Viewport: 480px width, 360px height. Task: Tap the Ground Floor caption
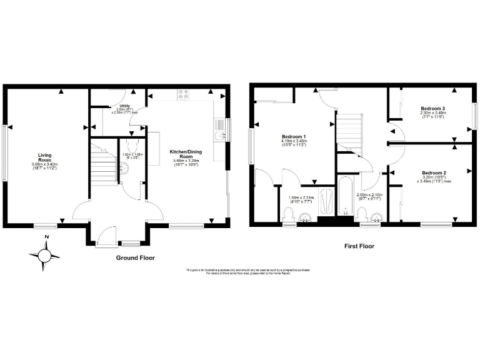136,257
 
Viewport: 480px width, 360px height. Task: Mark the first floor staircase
351,130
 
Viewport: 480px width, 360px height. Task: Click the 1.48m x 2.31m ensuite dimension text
299,200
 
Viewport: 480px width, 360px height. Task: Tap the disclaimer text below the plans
248,272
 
